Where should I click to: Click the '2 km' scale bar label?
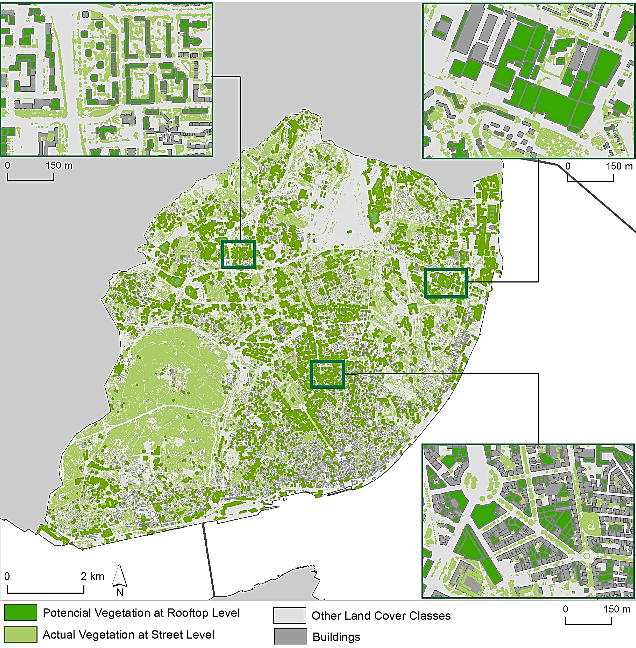(x=92, y=576)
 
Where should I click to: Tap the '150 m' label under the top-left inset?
(x=59, y=165)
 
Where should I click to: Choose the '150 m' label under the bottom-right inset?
(x=617, y=609)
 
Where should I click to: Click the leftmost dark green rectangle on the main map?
(x=238, y=254)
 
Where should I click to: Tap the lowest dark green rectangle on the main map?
(x=327, y=374)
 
